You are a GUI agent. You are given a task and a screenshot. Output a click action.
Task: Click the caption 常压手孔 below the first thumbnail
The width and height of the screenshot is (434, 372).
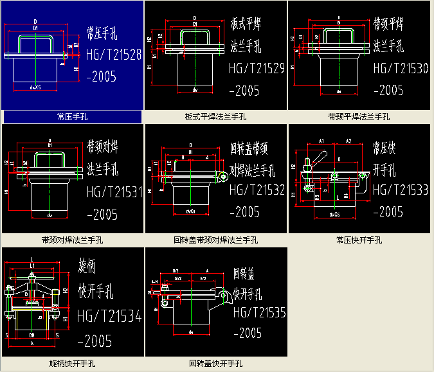72,117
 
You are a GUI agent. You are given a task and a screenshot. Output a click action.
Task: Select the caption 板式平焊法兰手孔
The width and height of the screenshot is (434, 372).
215,117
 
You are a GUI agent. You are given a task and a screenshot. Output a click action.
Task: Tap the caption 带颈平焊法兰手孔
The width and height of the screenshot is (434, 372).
359,117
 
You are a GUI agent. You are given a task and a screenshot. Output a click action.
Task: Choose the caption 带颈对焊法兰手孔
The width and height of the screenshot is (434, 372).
72,240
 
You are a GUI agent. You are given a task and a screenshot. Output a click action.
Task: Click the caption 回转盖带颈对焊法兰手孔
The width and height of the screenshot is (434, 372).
215,240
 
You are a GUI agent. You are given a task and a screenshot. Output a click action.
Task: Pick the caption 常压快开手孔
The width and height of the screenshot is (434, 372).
359,240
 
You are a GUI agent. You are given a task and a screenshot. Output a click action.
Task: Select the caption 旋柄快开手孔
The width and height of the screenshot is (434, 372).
72,364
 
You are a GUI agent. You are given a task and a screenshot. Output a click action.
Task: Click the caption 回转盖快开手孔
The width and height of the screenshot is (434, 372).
215,364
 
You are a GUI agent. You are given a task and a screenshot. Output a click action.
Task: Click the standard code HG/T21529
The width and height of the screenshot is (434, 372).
257,68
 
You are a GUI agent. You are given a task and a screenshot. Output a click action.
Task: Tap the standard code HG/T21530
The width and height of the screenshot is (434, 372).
400,68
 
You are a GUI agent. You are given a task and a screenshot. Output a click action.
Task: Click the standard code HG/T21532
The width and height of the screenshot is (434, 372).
257,190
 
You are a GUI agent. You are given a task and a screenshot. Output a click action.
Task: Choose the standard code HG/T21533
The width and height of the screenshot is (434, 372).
400,190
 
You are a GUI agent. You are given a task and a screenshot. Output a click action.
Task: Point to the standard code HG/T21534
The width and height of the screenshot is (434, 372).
109,315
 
